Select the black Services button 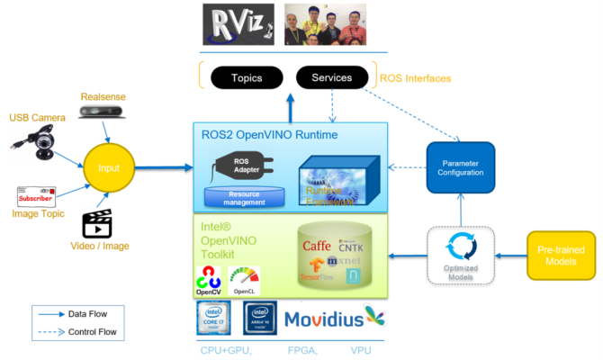pyautogui.click(x=331, y=78)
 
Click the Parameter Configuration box pyautogui.click(x=460, y=166)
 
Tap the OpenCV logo pyautogui.click(x=208, y=280)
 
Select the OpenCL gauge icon pyautogui.click(x=244, y=277)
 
